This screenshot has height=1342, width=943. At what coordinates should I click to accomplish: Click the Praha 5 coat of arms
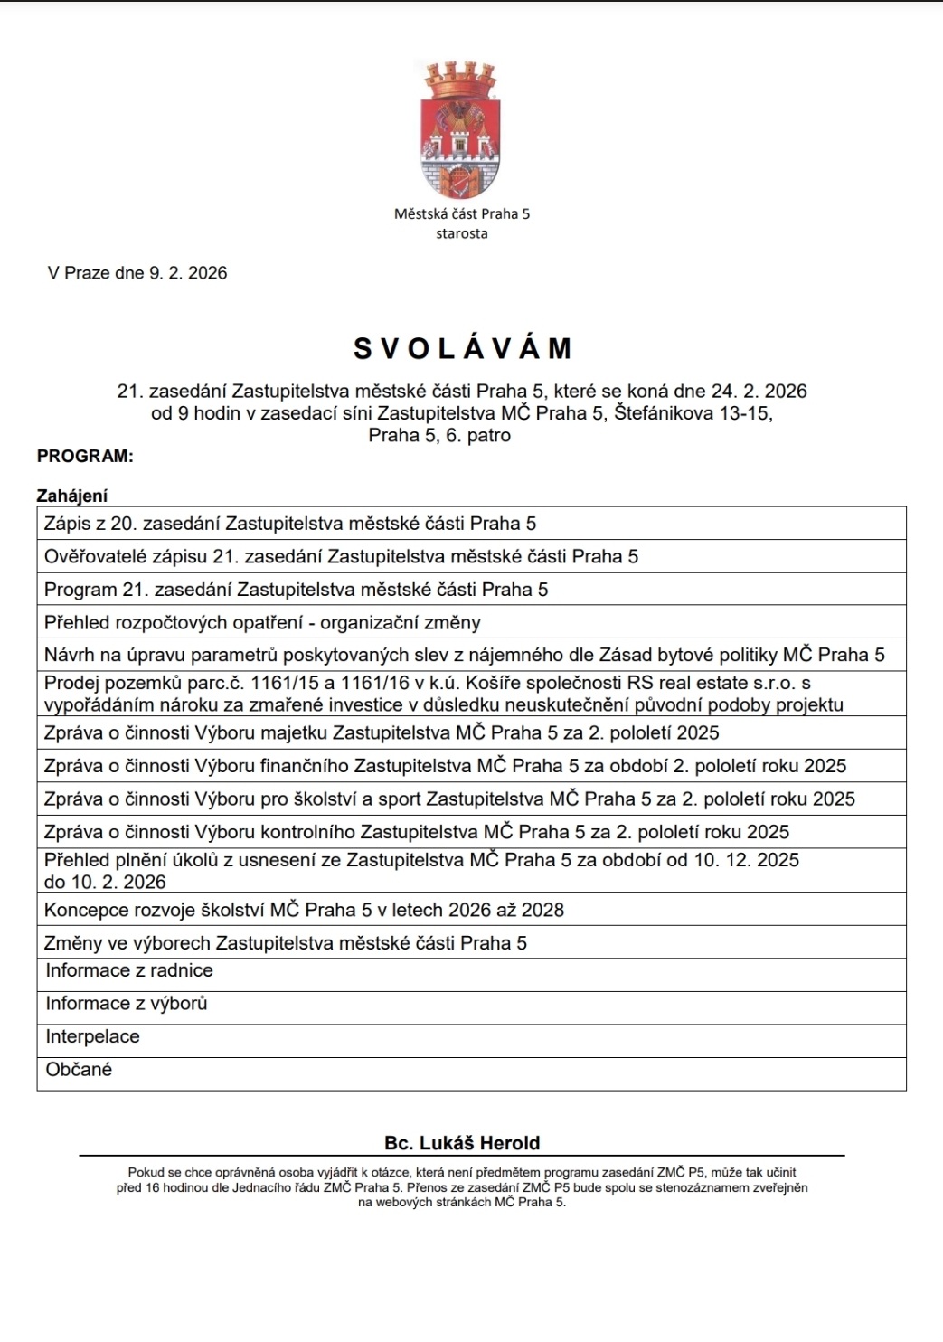[x=460, y=129]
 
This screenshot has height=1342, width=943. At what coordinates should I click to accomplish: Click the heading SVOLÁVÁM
[x=463, y=348]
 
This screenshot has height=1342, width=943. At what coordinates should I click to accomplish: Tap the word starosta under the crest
[x=461, y=233]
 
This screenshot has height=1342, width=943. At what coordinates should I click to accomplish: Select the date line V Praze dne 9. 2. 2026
[x=137, y=273]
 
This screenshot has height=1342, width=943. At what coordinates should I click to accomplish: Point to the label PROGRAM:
[x=85, y=457]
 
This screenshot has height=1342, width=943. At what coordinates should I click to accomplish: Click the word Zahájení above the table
[x=72, y=496]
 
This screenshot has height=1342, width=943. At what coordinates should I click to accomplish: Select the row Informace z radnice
[x=129, y=971]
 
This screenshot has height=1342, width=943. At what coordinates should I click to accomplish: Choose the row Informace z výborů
[x=127, y=1004]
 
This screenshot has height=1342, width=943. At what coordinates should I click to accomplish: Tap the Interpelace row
[x=93, y=1037]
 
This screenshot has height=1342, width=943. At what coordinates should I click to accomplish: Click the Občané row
[x=80, y=1070]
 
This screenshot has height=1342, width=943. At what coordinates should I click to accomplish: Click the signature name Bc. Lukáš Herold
[x=462, y=1143]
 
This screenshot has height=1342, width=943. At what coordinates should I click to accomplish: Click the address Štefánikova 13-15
[x=693, y=413]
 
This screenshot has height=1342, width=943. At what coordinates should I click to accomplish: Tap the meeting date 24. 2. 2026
[x=759, y=392]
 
